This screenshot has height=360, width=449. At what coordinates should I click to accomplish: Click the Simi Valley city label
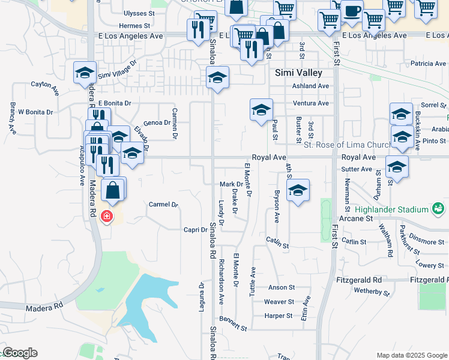[x=298, y=73]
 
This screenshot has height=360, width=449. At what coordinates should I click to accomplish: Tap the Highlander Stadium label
[x=391, y=209]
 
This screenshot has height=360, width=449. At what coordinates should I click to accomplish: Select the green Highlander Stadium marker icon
[x=439, y=209]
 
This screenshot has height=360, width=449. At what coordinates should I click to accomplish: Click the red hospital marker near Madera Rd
[x=107, y=216]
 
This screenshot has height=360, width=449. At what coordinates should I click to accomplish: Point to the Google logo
[x=20, y=353]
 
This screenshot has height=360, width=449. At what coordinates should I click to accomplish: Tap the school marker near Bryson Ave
[x=297, y=191]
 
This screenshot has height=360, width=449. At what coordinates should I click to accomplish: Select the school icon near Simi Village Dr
[x=85, y=73]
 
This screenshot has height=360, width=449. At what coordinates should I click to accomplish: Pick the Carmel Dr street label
[x=163, y=205]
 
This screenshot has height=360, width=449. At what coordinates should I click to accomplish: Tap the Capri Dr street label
[x=195, y=229]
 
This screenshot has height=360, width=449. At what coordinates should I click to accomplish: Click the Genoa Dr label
[x=157, y=123]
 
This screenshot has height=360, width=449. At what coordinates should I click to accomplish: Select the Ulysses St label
[x=139, y=13]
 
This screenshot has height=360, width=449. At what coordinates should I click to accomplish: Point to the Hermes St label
[x=134, y=26]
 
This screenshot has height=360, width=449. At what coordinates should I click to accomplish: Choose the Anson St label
[x=282, y=288]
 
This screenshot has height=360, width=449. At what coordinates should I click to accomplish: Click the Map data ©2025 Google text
[x=411, y=355]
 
